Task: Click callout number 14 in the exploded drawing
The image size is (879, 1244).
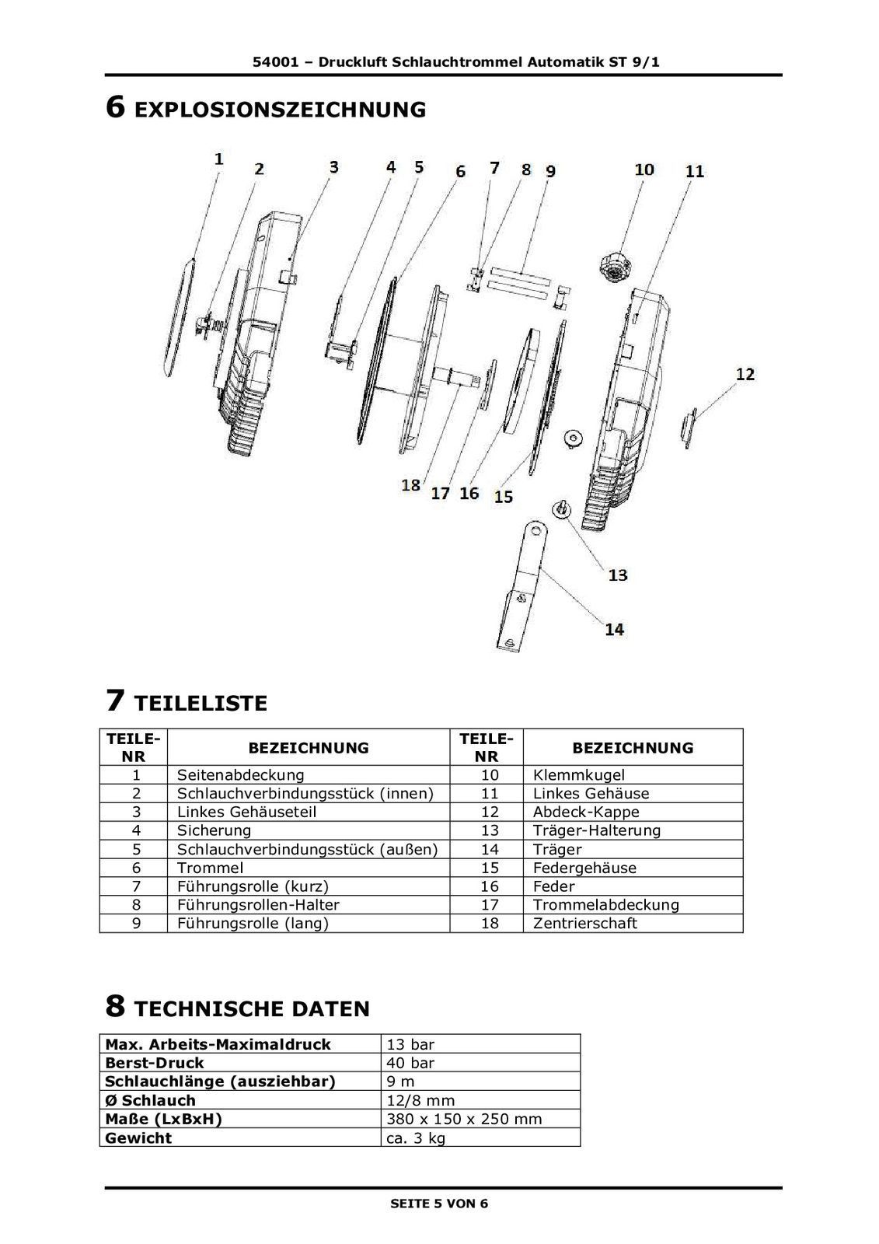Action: [614, 628]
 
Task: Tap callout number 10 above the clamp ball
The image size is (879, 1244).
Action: [644, 169]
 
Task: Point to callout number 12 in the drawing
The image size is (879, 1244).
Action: [745, 374]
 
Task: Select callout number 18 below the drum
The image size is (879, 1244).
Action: [410, 484]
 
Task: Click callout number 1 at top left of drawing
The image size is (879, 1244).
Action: [219, 159]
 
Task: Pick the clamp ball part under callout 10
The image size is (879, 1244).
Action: [614, 265]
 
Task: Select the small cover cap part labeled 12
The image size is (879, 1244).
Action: [688, 428]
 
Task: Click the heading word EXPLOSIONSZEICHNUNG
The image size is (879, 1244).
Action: [280, 110]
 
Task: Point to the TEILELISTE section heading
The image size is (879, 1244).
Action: [201, 704]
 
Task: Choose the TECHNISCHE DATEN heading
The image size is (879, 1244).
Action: [252, 1009]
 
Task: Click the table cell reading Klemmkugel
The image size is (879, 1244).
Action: [578, 774]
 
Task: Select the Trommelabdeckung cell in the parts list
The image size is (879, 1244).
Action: [605, 904]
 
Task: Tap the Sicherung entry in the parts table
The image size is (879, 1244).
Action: [214, 830]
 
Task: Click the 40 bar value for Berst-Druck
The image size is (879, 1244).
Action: [410, 1063]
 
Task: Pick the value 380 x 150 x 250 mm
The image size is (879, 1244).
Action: [464, 1119]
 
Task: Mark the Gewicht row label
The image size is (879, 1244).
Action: [138, 1137]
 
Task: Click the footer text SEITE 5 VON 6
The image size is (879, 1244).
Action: [439, 1204]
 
